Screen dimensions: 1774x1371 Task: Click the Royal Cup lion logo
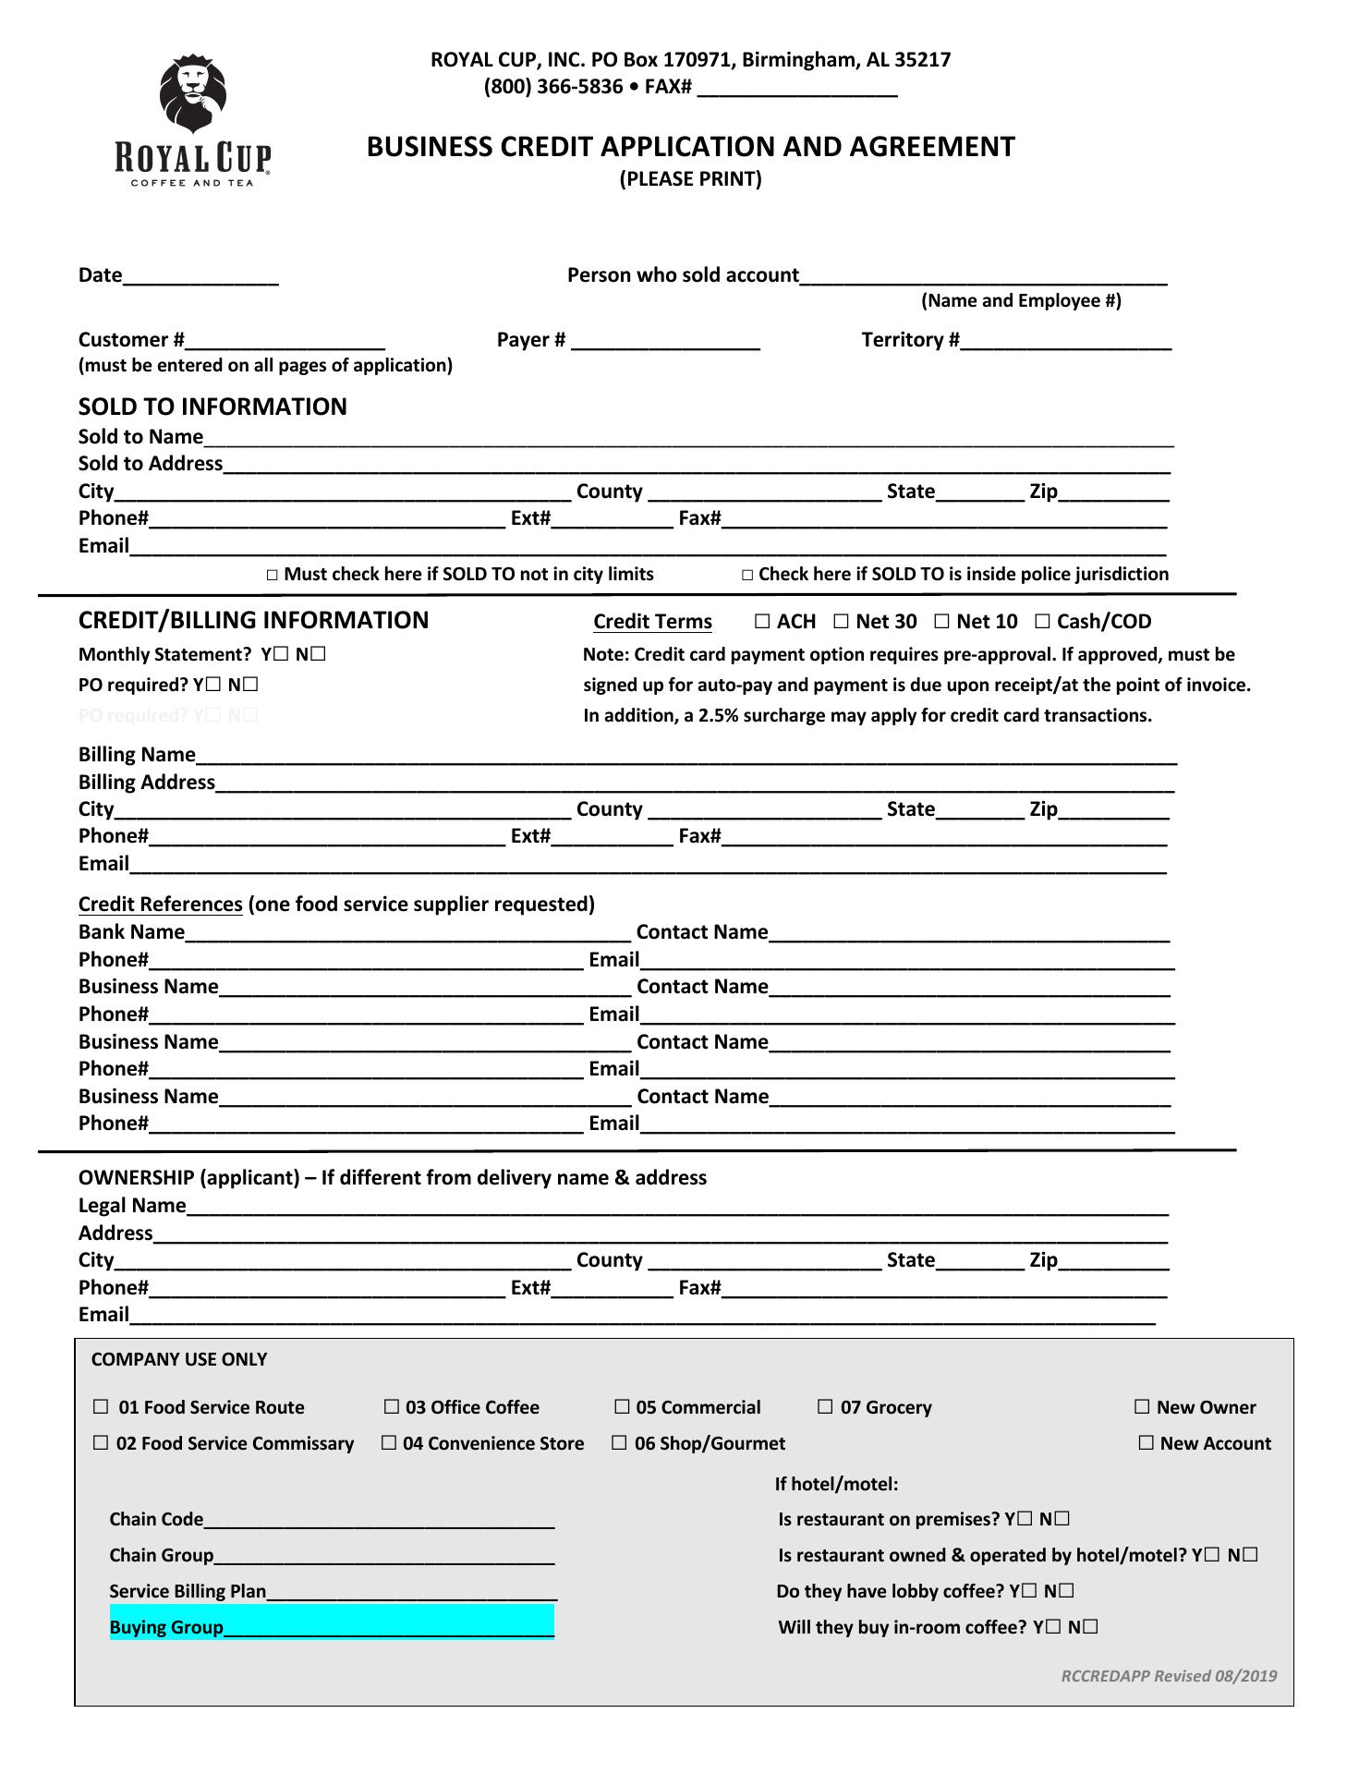(193, 97)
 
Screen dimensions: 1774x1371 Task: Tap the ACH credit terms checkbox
(762, 622)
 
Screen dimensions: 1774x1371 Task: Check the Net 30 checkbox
(841, 622)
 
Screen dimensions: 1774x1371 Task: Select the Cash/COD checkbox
(1042, 622)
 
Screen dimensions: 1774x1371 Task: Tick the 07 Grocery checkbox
(825, 1407)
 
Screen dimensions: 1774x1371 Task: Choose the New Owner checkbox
(1142, 1407)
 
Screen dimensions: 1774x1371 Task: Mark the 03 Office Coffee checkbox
(392, 1407)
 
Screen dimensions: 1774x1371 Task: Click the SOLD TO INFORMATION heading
(212, 407)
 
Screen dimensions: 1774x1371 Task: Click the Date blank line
(200, 277)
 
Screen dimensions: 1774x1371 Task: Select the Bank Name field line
(407, 934)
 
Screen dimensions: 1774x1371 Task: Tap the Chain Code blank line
(379, 1520)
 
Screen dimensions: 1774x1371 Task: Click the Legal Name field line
(677, 1208)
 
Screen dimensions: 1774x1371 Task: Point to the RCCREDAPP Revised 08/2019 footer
(1169, 1676)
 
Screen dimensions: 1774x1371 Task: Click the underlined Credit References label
(160, 905)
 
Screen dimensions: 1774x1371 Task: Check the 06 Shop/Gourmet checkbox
(619, 1443)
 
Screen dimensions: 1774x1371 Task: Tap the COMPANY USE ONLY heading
(179, 1359)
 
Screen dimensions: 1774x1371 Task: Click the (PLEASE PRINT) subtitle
(690, 179)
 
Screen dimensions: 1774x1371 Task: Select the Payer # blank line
(665, 342)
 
